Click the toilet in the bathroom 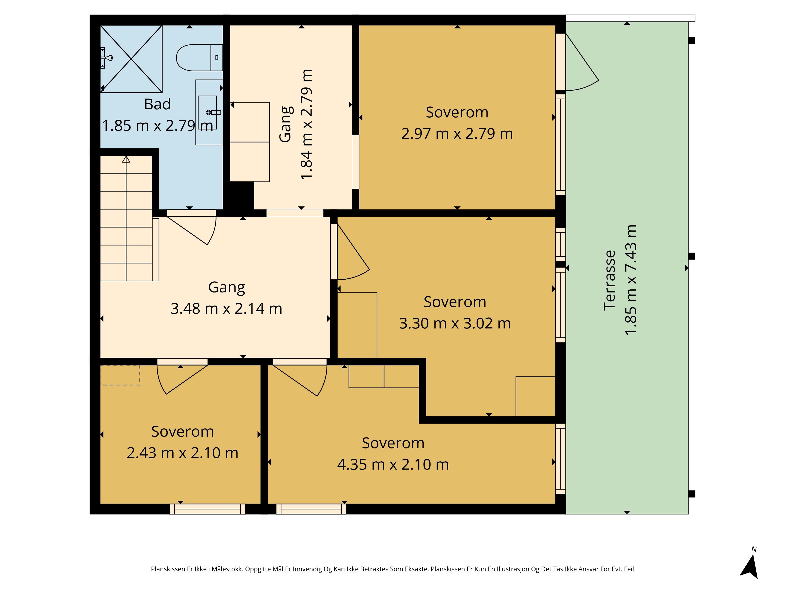point(200,57)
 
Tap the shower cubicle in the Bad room point(131,59)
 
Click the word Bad point(157,104)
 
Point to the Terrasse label point(610,280)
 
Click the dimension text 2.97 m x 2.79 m point(457,134)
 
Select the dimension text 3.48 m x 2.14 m point(227,309)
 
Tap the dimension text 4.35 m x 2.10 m point(393,464)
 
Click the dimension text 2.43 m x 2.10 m point(182,453)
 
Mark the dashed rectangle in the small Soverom point(120,375)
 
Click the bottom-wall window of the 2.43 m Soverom point(208,509)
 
